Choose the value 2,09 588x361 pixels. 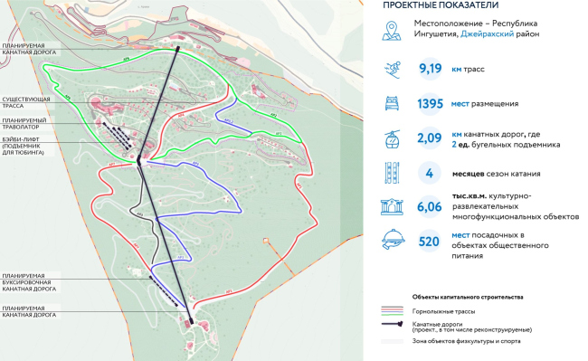point(434,138)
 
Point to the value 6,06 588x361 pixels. point(434,207)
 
